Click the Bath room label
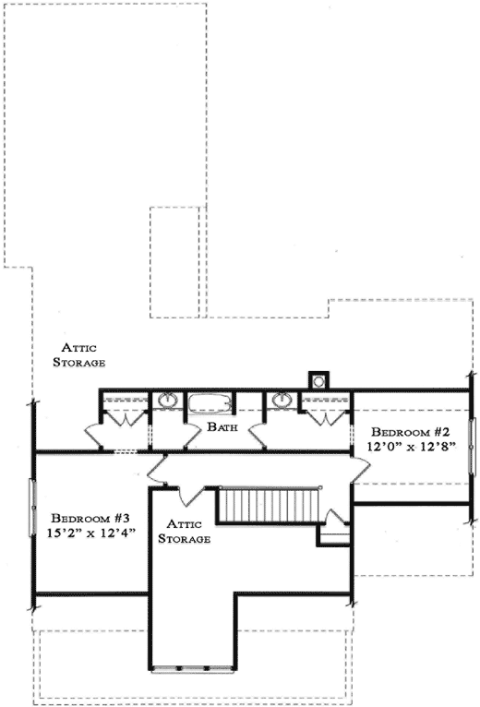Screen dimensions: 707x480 (224, 427)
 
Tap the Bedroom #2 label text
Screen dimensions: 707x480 (410, 432)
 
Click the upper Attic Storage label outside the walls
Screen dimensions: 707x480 (82, 355)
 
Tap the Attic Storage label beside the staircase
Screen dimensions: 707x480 (186, 532)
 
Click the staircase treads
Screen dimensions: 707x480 (269, 507)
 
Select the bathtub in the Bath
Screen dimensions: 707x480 (211, 404)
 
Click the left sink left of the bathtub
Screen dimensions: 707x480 (168, 401)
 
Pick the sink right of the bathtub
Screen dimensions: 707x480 (281, 401)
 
